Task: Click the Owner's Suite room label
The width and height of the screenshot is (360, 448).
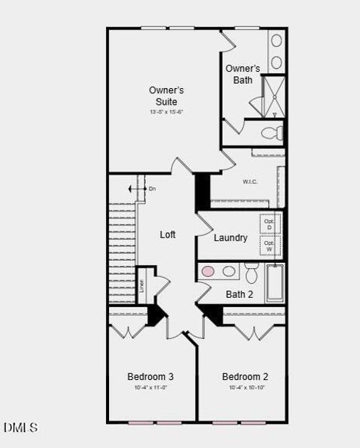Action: [x=166, y=96]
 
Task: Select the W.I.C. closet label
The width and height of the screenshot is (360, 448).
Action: [x=250, y=181]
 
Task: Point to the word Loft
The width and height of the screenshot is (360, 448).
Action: [x=168, y=234]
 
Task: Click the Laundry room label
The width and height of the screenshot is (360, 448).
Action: [x=230, y=238]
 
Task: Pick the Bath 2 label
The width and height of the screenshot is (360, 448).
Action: [x=239, y=294]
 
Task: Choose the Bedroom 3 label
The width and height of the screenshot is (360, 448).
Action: [x=150, y=376]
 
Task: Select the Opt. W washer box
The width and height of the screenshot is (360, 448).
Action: [x=269, y=246]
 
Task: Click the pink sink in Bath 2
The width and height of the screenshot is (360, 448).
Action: [x=208, y=271]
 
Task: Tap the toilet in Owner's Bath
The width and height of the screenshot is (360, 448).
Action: [x=273, y=134]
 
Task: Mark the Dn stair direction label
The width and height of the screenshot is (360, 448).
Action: [x=152, y=189]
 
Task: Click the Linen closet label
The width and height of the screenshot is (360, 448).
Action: [x=142, y=285]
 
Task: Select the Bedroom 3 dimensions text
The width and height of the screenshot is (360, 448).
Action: [x=150, y=388]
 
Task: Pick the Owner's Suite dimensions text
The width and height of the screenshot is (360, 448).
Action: [x=166, y=112]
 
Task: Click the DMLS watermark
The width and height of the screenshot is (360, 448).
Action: [x=20, y=428]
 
